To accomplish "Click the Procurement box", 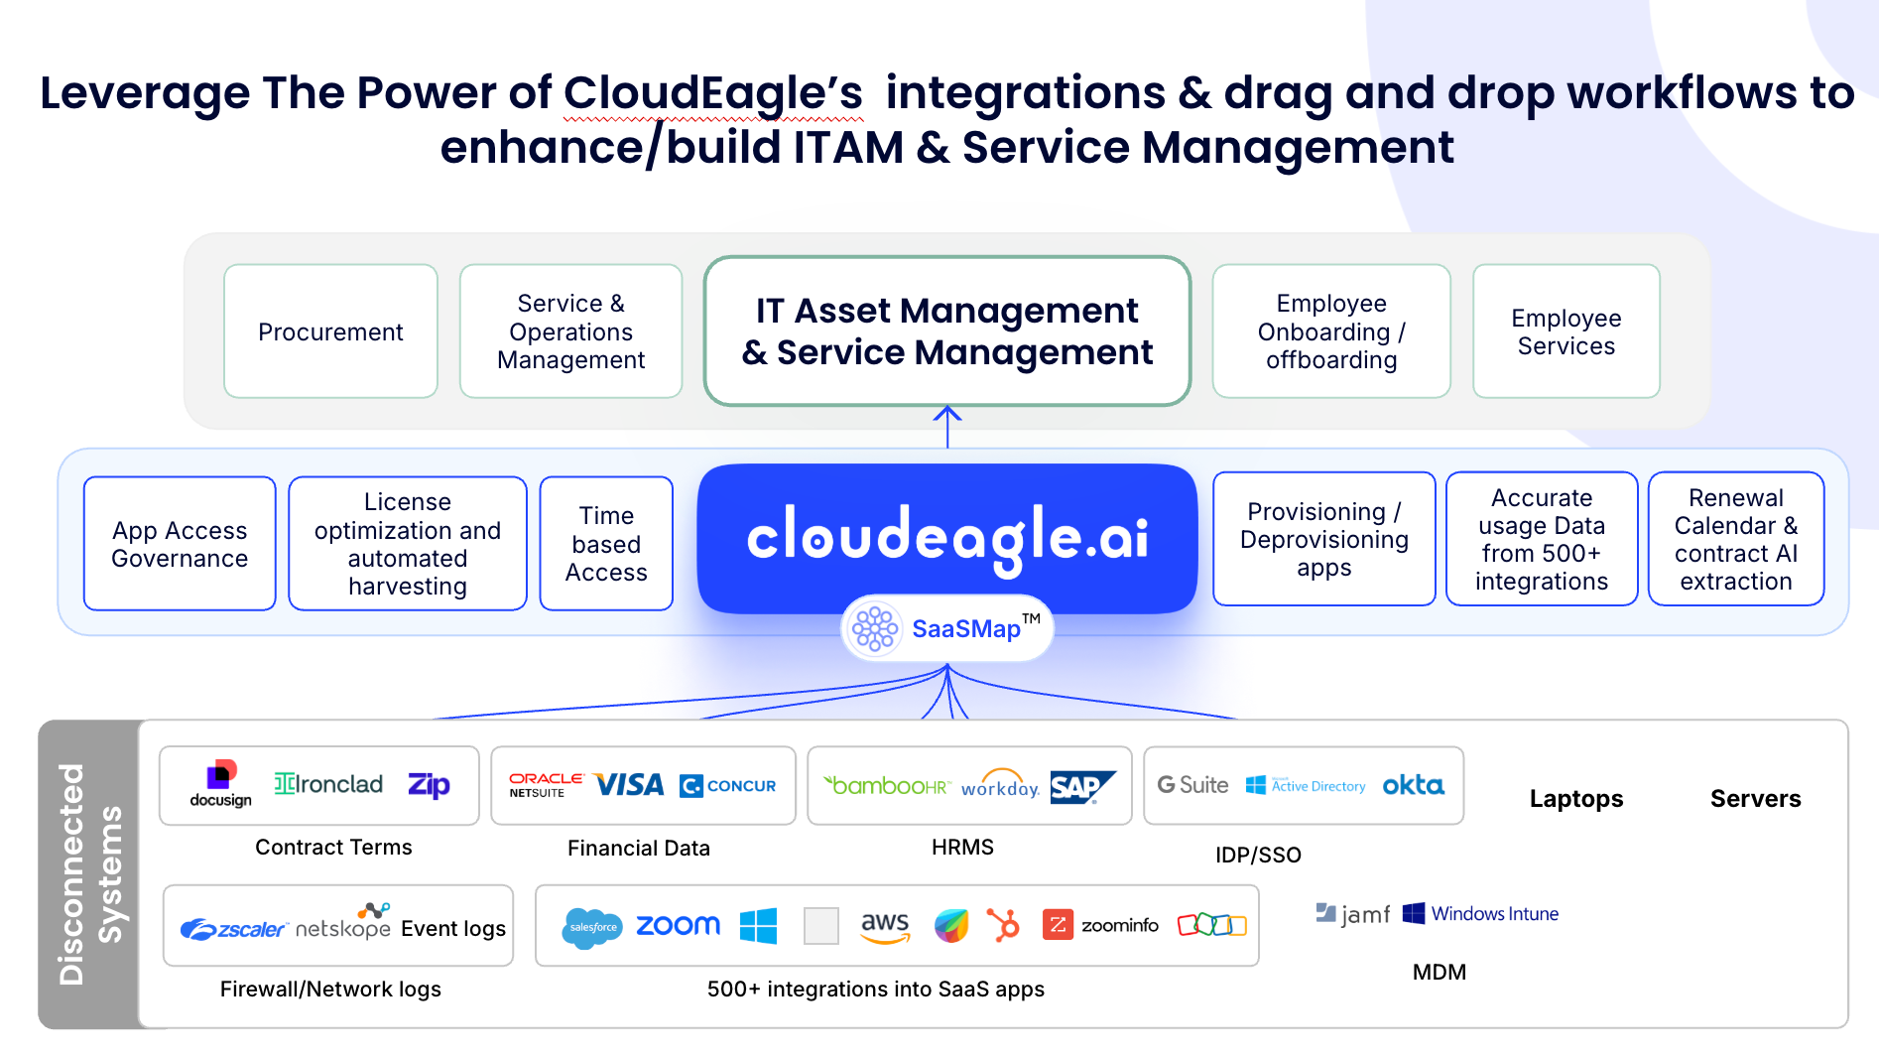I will [330, 331].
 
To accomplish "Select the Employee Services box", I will [1566, 331].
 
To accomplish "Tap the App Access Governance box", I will [180, 544].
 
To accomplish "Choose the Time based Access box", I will [606, 544].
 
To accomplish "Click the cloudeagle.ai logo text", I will [946, 537].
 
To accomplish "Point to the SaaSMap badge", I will [947, 628].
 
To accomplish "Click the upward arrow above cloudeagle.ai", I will [947, 426].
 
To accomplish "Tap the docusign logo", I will [220, 784].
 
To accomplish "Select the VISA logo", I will [630, 786].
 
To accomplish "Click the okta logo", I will [1413, 785].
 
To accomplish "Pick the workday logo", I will [1000, 785].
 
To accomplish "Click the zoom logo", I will [678, 925].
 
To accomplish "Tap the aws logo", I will [885, 926].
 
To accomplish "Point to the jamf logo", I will [1353, 913].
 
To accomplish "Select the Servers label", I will [1755, 799].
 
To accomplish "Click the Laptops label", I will [1575, 799].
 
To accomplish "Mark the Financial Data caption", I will [639, 848].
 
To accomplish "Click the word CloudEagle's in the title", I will [713, 93].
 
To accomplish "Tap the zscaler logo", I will [234, 929].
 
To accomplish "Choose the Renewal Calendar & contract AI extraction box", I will [1735, 539].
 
